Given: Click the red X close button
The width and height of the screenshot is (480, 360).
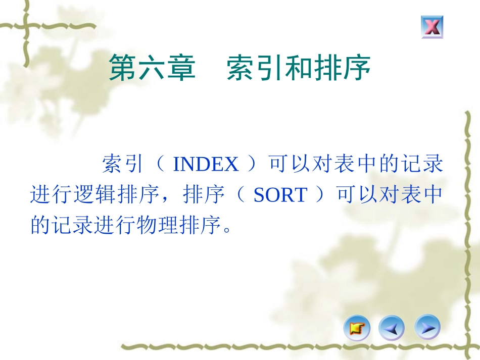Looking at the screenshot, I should [431, 27].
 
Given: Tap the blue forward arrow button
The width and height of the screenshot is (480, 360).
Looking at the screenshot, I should [427, 328].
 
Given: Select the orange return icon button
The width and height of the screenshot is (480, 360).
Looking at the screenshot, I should [357, 329].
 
